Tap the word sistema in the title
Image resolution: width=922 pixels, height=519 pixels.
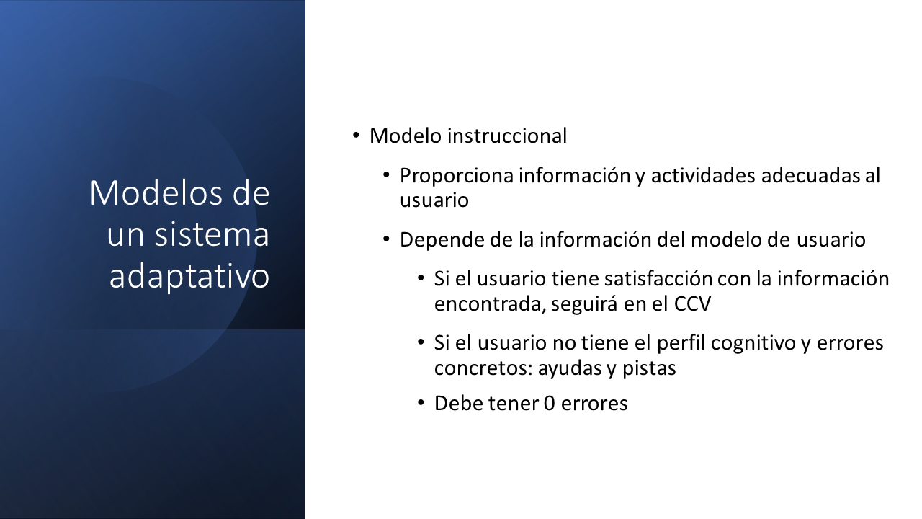point(212,234)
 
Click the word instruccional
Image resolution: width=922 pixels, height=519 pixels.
point(507,136)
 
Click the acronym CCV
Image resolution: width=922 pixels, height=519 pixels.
point(692,304)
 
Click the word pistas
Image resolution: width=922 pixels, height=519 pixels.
point(649,368)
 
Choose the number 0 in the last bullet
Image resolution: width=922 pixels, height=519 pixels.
point(549,403)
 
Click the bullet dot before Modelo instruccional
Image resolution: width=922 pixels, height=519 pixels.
point(356,135)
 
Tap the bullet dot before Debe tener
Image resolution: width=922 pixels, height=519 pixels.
point(421,402)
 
